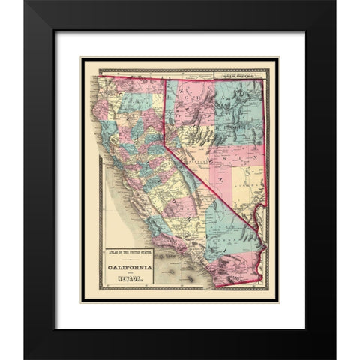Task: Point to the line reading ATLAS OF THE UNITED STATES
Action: (x=129, y=254)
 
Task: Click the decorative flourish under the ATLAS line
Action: (x=129, y=259)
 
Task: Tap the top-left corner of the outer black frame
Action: (x=24, y=1)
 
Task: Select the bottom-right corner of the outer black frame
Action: (x=334, y=358)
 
